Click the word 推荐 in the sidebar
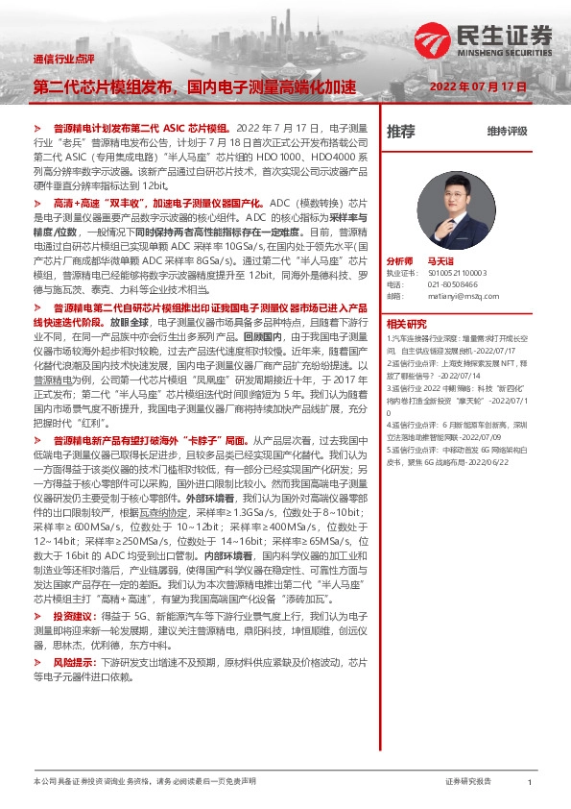point(401,131)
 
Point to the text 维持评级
point(508,131)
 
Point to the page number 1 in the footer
point(530,782)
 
